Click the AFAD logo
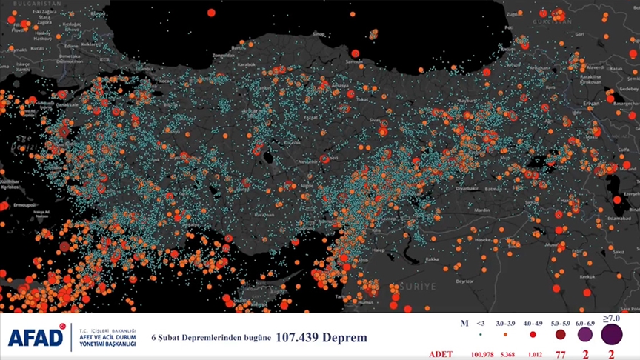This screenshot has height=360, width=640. pyautogui.click(x=36, y=338)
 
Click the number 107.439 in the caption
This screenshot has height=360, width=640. pyautogui.click(x=301, y=338)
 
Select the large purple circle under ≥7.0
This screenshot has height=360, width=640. pyautogui.click(x=611, y=335)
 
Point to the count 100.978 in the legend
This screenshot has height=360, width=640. pyautogui.click(x=482, y=355)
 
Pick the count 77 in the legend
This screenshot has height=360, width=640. pyautogui.click(x=560, y=355)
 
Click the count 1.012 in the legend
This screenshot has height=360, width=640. pyautogui.click(x=533, y=355)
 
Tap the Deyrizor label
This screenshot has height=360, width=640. pyautogui.click(x=464, y=281)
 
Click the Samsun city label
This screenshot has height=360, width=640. pyautogui.click(x=354, y=62)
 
